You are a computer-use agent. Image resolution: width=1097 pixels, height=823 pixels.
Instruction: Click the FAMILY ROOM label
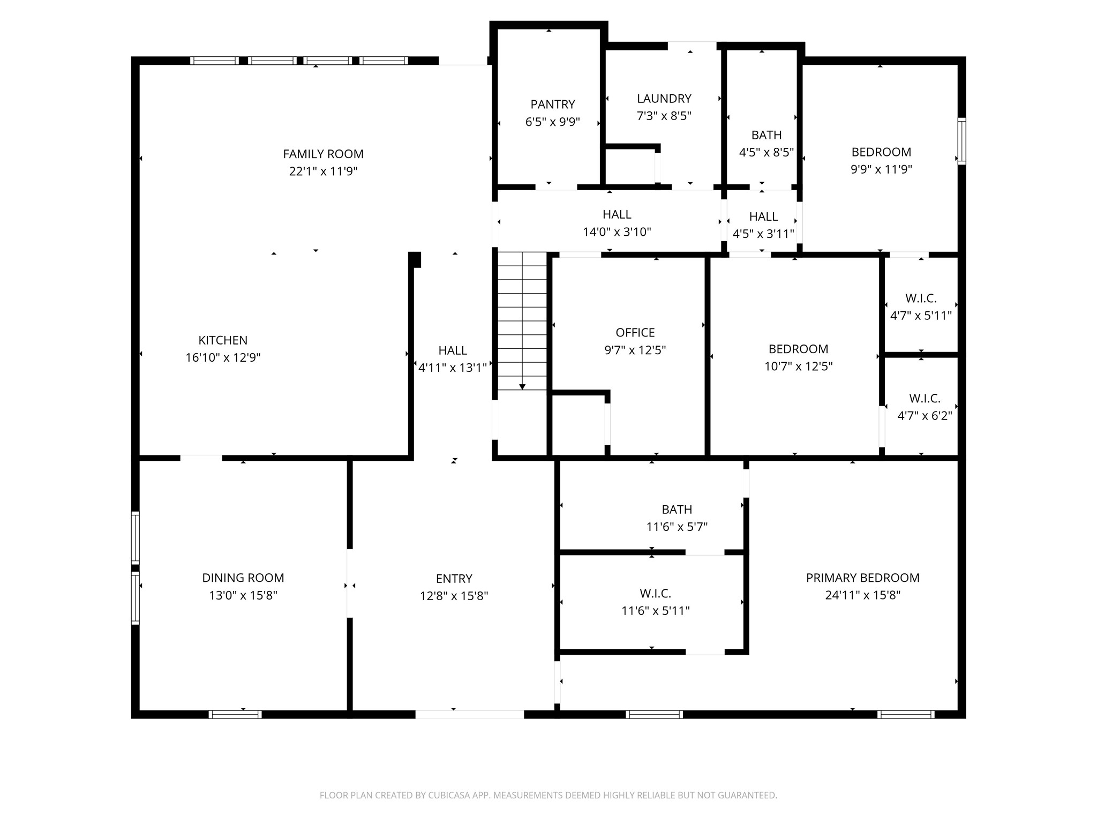pyautogui.click(x=323, y=154)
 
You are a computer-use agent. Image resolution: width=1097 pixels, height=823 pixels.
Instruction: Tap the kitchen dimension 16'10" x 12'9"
pyautogui.click(x=223, y=357)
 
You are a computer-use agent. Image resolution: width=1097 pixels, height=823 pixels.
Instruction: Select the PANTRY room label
pyautogui.click(x=553, y=104)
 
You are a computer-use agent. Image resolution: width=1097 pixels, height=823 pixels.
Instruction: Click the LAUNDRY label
pyautogui.click(x=664, y=99)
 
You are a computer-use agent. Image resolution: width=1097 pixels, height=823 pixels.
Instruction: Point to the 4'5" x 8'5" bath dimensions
pyautogui.click(x=766, y=152)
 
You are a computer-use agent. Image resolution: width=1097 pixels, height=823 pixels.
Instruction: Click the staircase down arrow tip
pyautogui.click(x=522, y=387)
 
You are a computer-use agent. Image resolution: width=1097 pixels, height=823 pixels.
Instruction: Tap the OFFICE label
pyautogui.click(x=635, y=333)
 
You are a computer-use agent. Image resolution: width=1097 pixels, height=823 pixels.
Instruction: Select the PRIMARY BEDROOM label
pyautogui.click(x=862, y=578)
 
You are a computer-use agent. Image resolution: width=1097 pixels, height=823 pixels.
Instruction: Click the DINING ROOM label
pyautogui.click(x=243, y=578)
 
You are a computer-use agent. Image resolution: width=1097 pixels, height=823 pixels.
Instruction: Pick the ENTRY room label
pyautogui.click(x=454, y=579)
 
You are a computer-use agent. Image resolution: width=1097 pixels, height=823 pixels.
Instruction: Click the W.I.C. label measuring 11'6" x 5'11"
pyautogui.click(x=655, y=594)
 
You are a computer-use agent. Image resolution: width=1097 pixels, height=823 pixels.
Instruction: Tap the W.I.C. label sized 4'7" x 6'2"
pyautogui.click(x=925, y=399)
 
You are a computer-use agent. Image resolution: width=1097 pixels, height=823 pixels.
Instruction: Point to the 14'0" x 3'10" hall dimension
pyautogui.click(x=617, y=232)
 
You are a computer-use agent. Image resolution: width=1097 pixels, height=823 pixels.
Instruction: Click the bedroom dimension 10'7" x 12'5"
pyautogui.click(x=798, y=366)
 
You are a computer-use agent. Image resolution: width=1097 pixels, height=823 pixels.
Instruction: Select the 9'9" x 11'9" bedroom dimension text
pyautogui.click(x=881, y=169)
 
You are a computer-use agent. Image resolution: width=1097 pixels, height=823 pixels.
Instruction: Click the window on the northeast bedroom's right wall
pyautogui.click(x=961, y=141)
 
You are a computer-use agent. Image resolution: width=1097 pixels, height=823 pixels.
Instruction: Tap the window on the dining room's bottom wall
pyautogui.click(x=235, y=714)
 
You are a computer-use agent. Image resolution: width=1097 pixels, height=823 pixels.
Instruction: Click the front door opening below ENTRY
pyautogui.click(x=469, y=714)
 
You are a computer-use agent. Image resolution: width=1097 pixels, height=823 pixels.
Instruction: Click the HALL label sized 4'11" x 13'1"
pyautogui.click(x=453, y=350)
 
